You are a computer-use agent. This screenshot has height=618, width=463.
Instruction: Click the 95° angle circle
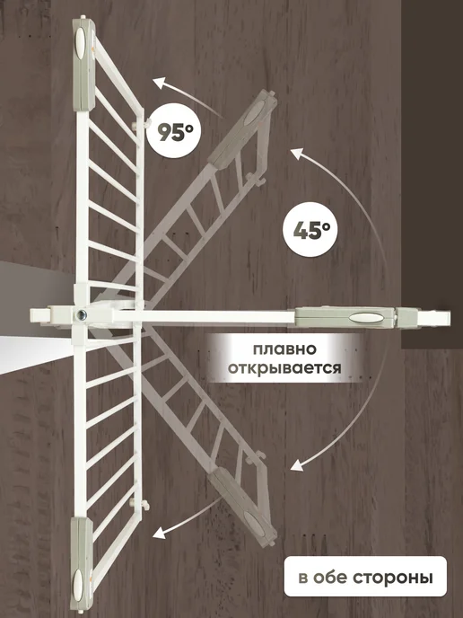click(174, 131)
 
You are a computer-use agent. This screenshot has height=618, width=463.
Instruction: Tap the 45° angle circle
click(310, 230)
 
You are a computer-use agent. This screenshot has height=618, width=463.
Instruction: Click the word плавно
click(284, 349)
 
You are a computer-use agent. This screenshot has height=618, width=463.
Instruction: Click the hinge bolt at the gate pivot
click(82, 315)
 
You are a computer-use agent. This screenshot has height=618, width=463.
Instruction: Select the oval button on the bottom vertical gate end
click(78, 584)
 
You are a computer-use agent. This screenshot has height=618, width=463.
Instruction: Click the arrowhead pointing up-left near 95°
click(159, 84)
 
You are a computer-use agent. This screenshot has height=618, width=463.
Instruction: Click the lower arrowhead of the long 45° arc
click(298, 464)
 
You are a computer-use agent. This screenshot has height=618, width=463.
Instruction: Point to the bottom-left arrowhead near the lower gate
click(159, 533)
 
